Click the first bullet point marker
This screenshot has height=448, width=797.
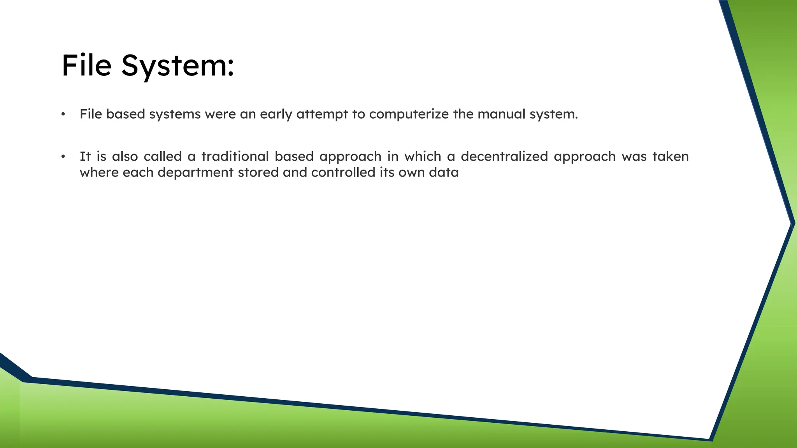[63, 114]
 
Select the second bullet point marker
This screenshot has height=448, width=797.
[63, 157]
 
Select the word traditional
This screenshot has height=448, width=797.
[235, 157]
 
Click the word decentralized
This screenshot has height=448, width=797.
[504, 157]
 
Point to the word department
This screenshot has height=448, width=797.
[195, 172]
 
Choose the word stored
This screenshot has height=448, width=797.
[258, 172]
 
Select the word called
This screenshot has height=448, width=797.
[163, 157]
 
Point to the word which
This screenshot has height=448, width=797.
[423, 157]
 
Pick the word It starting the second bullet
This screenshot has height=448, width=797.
[85, 157]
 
